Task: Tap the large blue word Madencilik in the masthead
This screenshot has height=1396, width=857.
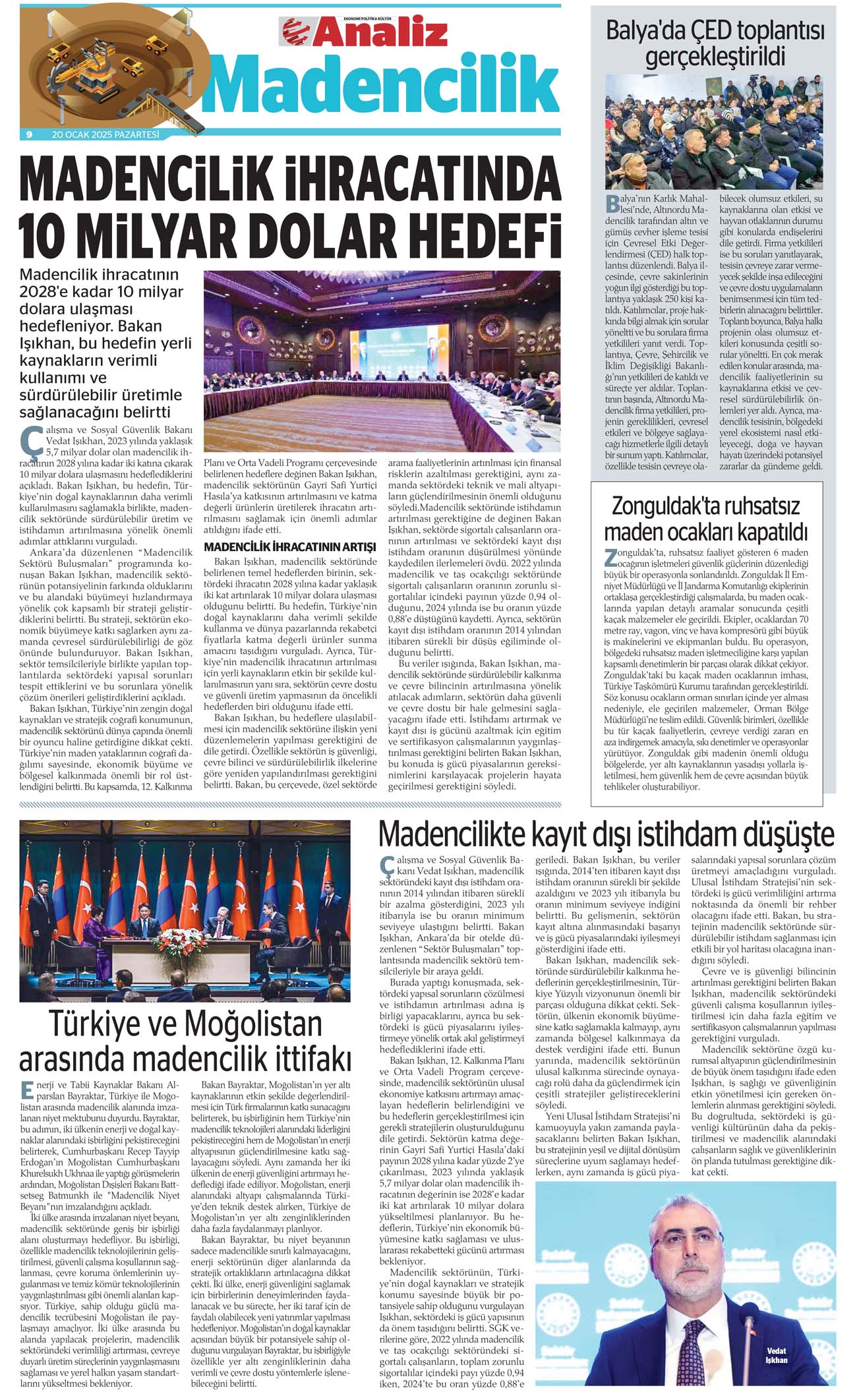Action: [381, 84]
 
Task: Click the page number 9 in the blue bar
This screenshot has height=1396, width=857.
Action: [29, 134]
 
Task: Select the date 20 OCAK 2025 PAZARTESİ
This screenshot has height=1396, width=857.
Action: [105, 134]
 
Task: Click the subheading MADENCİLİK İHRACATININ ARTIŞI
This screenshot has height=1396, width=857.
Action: [290, 546]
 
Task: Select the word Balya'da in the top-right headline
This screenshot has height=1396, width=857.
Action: [645, 31]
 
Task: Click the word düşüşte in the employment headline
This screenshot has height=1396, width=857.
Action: [788, 834]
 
